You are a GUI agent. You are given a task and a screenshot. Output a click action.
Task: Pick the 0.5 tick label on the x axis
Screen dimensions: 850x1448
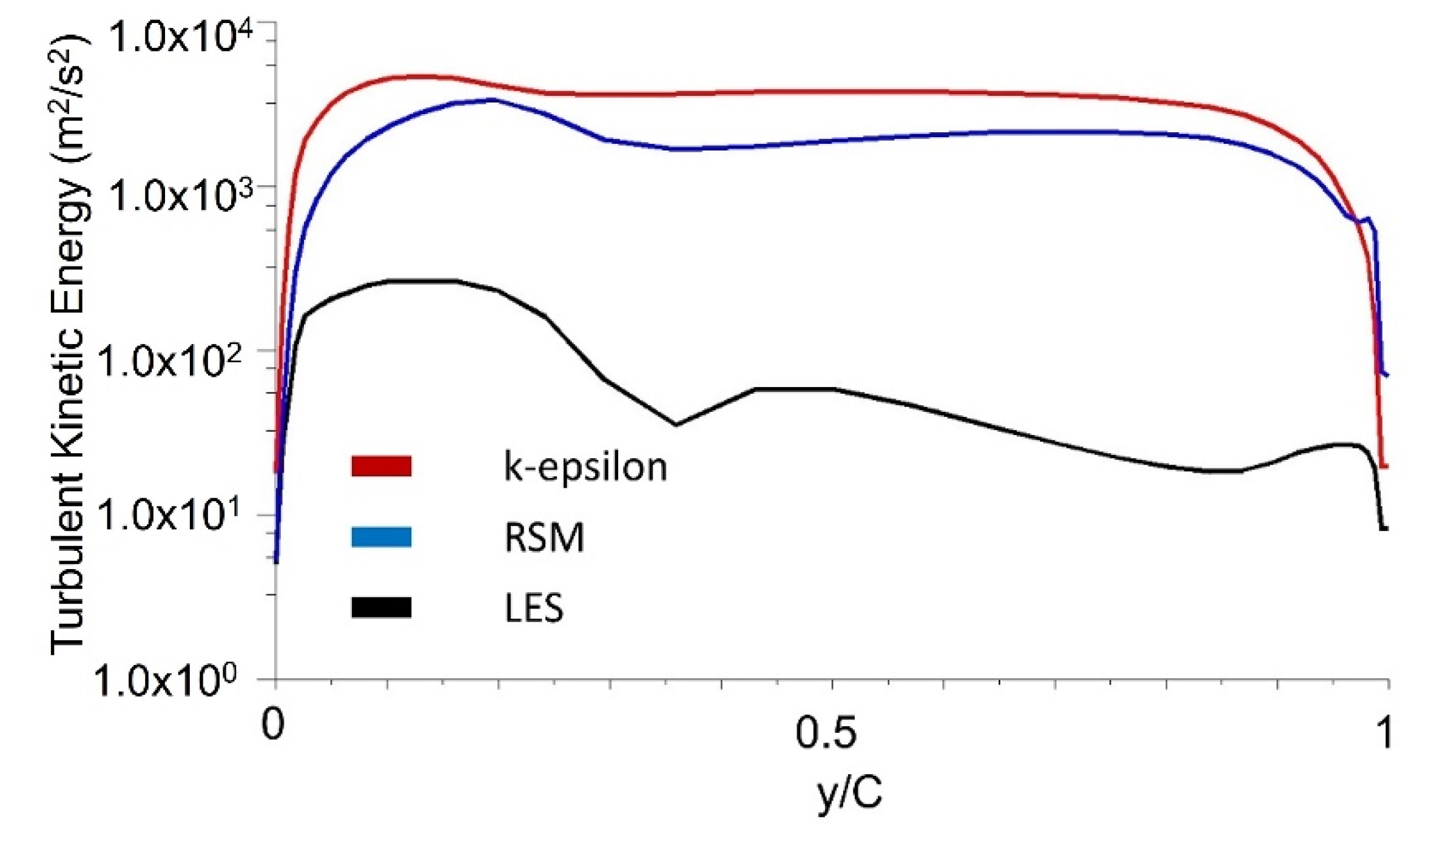[x=826, y=732]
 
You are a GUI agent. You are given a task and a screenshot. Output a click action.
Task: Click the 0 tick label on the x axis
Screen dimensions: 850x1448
[x=272, y=723]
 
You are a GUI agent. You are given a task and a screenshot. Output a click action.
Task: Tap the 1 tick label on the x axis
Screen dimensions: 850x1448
[x=1384, y=732]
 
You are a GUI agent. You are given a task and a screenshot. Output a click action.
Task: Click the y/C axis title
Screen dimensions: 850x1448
[x=849, y=792]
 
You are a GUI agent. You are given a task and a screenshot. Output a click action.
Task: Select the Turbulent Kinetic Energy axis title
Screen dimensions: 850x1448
[x=70, y=346]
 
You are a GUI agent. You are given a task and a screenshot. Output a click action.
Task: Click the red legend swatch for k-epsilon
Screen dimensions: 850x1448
[x=381, y=466]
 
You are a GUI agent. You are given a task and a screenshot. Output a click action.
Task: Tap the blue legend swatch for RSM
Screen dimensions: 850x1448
[x=381, y=537]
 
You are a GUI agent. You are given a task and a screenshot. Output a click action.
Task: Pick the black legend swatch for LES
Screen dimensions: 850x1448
[x=381, y=607]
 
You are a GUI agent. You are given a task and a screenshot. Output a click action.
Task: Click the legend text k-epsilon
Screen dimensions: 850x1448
[x=585, y=467]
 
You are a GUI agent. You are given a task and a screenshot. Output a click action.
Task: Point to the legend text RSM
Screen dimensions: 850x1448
[x=544, y=538]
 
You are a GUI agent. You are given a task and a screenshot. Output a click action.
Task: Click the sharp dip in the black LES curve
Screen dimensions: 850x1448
[x=676, y=424]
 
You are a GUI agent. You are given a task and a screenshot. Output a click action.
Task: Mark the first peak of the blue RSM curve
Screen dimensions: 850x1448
[x=494, y=100]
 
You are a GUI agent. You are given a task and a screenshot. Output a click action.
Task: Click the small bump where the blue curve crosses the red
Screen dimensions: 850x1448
[x=1367, y=218]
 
